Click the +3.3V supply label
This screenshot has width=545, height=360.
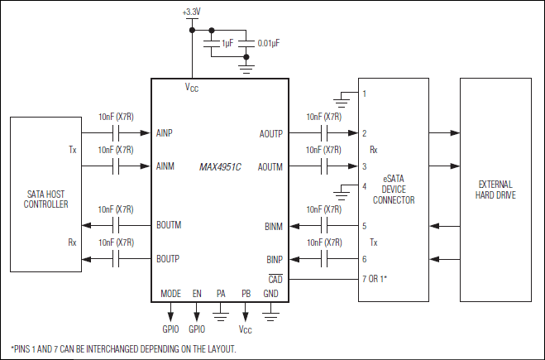pyautogui.click(x=192, y=13)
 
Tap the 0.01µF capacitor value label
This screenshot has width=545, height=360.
pyautogui.click(x=271, y=42)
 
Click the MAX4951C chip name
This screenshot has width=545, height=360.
pyautogui.click(x=219, y=166)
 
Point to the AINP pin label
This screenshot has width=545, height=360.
pyautogui.click(x=165, y=132)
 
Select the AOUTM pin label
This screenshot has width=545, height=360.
pyautogui.click(x=270, y=166)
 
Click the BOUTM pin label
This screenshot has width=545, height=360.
pyautogui.click(x=169, y=225)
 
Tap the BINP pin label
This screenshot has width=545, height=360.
pyautogui.click(x=274, y=258)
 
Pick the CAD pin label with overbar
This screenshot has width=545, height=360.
pyautogui.click(x=275, y=280)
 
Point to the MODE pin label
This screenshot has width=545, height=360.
pyautogui.click(x=170, y=295)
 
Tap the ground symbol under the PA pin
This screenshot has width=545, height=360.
pyautogui.click(x=221, y=314)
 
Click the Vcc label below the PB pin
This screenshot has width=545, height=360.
pyautogui.click(x=246, y=329)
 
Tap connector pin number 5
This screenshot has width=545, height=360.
pyautogui.click(x=364, y=225)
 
